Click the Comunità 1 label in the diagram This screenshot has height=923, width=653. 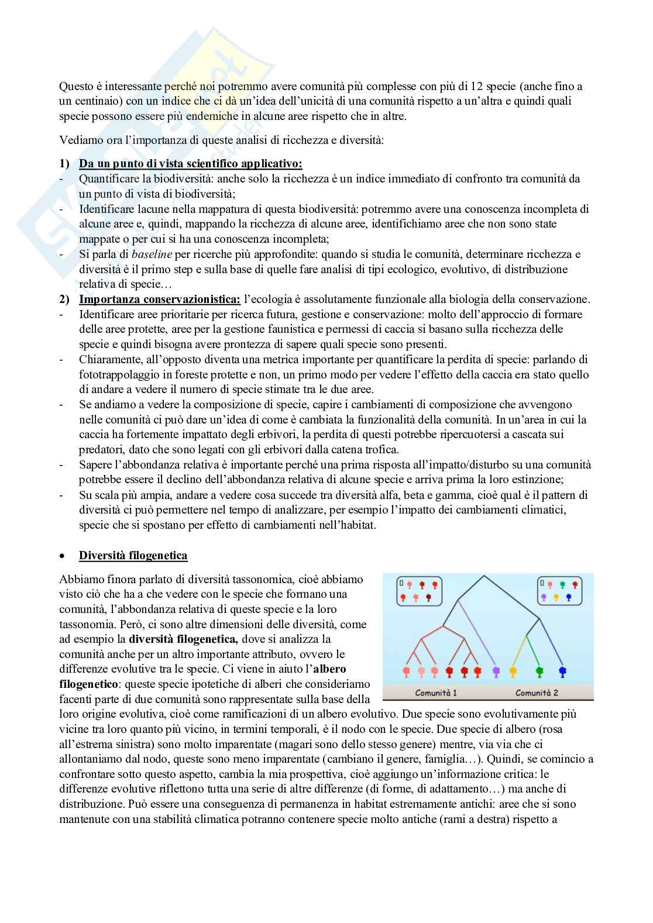point(436,693)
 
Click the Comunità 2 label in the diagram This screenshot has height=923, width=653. point(537,693)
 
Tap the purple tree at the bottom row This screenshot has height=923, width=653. point(496,671)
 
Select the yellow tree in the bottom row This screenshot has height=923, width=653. point(513,671)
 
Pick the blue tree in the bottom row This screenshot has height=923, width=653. point(562,671)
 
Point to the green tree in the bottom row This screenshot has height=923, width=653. point(539,671)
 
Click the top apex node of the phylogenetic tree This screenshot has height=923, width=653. point(484,576)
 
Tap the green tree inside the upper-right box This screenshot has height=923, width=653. point(562,584)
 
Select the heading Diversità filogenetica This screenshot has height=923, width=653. point(133,555)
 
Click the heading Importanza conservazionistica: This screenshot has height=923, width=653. point(159,299)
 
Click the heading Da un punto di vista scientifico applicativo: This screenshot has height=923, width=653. point(190,163)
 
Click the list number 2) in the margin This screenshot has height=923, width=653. point(64,299)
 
